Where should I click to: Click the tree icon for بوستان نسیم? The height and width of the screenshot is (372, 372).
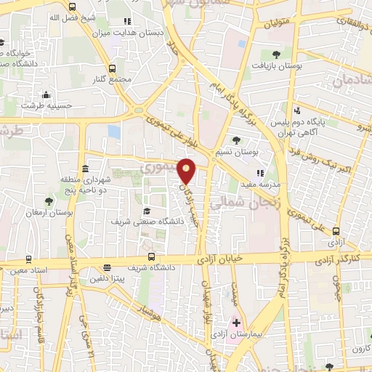tap(236, 141)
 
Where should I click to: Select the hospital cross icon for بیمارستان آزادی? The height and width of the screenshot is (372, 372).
tap(236, 322)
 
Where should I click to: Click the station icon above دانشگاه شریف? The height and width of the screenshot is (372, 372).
tap(151, 256)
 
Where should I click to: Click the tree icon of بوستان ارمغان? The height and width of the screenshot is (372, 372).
tap(49, 201)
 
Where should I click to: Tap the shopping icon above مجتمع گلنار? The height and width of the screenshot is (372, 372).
tap(113, 68)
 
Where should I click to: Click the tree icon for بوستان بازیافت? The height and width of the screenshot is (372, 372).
tap(277, 54)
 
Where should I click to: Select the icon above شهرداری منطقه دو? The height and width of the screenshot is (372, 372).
tap(85, 168)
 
